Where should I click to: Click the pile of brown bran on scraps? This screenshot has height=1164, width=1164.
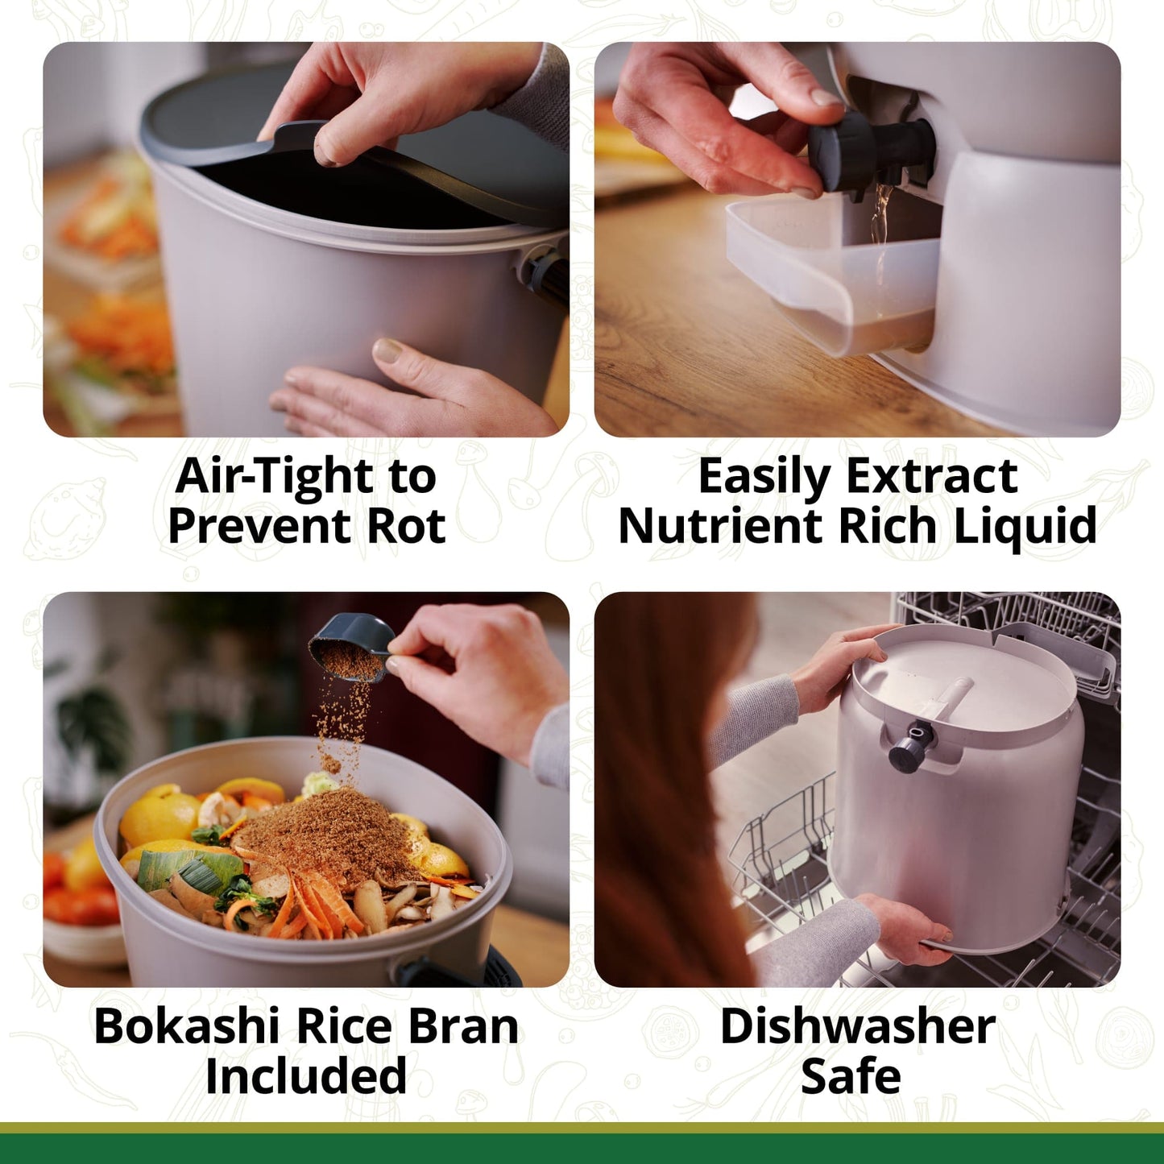[330, 838]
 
